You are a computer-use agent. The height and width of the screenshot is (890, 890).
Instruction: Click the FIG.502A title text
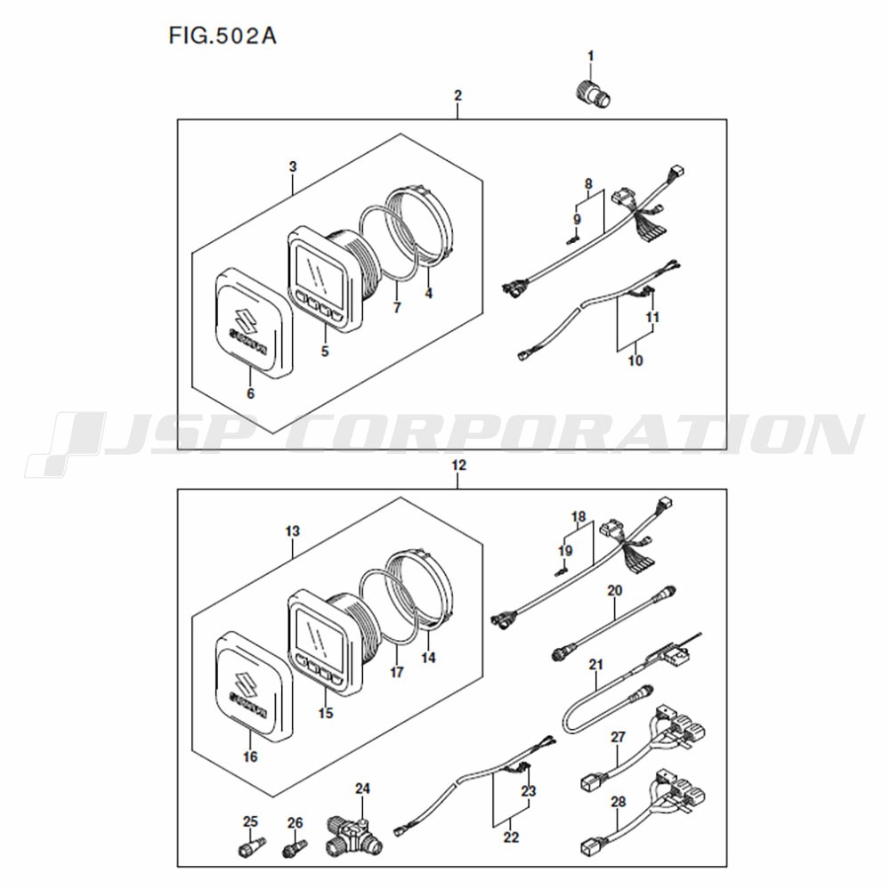click(222, 36)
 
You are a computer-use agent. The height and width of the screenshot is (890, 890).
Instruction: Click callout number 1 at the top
click(590, 56)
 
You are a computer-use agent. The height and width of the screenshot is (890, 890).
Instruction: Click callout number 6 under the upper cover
click(250, 392)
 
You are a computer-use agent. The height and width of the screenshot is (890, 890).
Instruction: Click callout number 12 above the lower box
click(458, 465)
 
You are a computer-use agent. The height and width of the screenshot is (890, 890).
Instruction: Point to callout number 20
click(615, 590)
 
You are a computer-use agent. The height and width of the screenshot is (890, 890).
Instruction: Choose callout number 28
click(619, 802)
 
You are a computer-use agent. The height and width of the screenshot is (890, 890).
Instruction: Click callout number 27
click(618, 737)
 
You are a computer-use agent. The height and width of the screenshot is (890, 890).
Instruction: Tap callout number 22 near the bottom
click(511, 837)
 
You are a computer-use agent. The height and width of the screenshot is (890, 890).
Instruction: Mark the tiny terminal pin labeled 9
click(572, 240)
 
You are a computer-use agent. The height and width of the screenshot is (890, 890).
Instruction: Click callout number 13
click(292, 531)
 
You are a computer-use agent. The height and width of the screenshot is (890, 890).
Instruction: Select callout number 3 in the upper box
click(292, 166)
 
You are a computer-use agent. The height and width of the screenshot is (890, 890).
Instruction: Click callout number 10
click(635, 360)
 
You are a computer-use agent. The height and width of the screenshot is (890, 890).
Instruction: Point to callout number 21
click(595, 664)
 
